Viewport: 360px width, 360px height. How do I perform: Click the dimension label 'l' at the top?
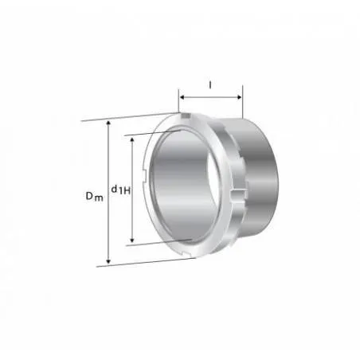coord(210,85)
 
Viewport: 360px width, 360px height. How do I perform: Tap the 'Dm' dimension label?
coord(94,196)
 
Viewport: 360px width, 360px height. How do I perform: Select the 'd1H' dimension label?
coord(121,190)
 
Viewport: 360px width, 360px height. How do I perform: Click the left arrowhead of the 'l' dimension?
coord(182,97)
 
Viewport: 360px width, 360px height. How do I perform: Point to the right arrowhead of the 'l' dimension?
coord(240,97)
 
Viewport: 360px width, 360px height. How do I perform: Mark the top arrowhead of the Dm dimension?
coord(108,123)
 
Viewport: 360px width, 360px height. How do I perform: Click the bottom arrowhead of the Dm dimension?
coord(108,261)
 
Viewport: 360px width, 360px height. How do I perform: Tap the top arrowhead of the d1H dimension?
coord(132,139)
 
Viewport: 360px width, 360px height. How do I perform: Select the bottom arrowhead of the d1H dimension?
coord(132,240)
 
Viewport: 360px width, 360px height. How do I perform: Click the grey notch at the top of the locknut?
coord(186,115)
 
